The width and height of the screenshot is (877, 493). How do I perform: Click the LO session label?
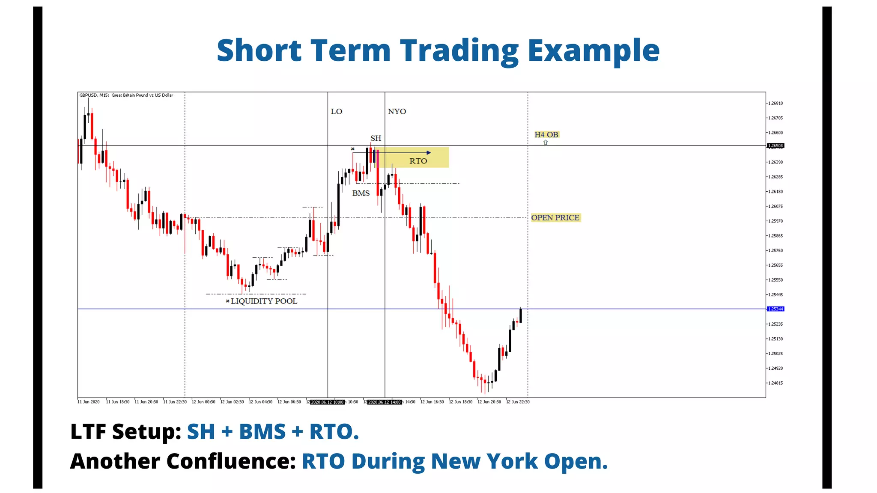coord(336,111)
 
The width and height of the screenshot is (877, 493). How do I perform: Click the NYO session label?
coord(397,111)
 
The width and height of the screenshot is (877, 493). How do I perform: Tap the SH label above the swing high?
coord(376,138)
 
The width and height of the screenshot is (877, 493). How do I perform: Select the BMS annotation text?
coord(361,193)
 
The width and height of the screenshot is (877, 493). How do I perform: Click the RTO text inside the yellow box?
coord(418,161)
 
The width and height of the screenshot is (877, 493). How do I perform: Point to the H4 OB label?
coord(546,134)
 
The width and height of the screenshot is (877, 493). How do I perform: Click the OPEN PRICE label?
coord(555,217)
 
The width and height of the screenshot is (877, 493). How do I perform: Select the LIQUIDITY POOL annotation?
coord(264,301)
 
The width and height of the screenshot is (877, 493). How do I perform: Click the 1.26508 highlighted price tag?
coord(775,146)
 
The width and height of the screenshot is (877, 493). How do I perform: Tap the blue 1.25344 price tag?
coord(775,309)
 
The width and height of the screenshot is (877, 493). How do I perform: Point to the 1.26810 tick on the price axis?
coord(775,103)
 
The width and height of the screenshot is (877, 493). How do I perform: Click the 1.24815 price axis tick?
coord(775,383)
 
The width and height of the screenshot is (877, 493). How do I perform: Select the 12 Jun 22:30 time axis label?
coord(518,402)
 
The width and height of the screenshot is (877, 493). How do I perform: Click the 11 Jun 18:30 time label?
coord(118,402)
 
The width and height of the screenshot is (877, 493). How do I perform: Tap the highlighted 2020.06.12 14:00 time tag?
coord(385,402)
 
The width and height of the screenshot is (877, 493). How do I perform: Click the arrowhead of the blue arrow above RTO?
coord(429,152)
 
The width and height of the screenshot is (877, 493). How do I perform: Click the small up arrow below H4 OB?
coord(546,143)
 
